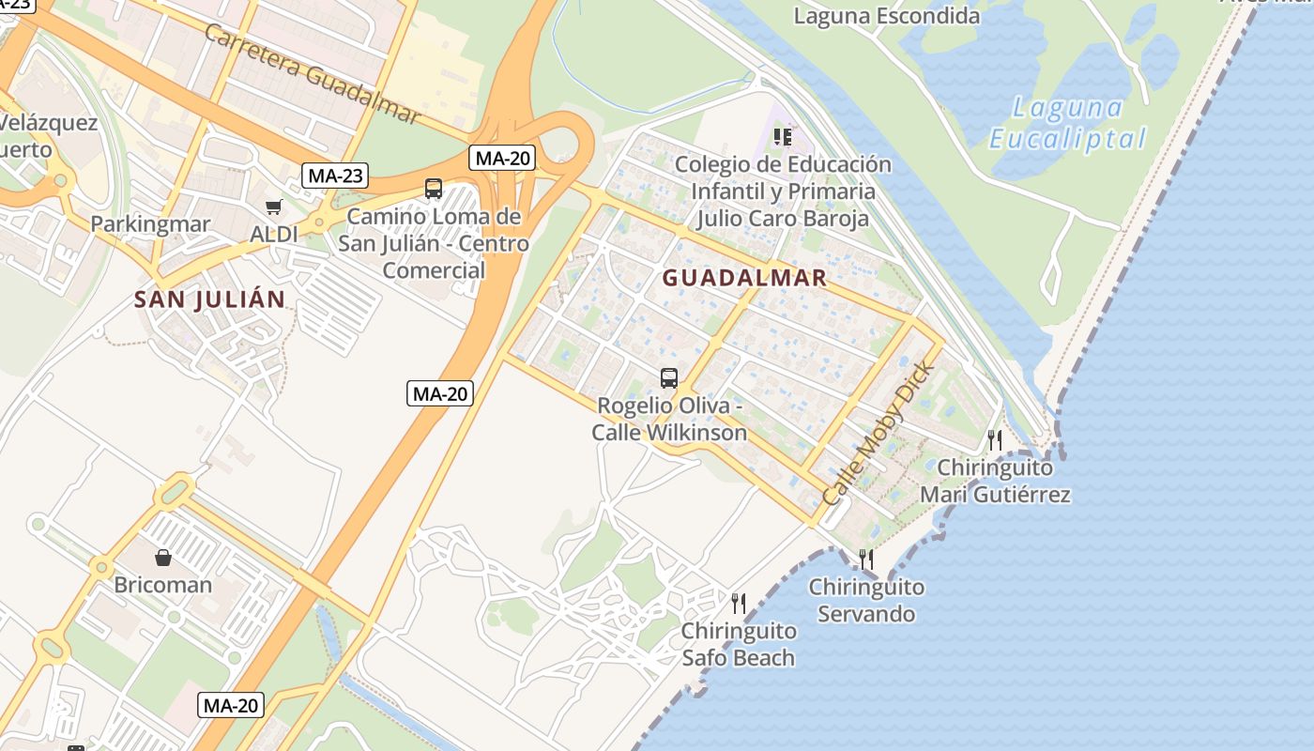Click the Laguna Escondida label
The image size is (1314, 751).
click(x=886, y=16)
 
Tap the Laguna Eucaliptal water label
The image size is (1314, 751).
click(x=1068, y=123)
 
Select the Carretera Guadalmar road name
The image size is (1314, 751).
click(x=311, y=73)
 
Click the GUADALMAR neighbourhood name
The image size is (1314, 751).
click(x=744, y=278)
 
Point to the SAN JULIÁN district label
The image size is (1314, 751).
click(x=209, y=299)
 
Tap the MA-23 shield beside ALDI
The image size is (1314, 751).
click(x=335, y=175)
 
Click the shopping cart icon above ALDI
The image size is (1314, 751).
click(x=273, y=207)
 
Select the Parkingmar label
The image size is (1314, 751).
click(x=150, y=224)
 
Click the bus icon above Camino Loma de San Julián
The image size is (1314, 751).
click(x=433, y=188)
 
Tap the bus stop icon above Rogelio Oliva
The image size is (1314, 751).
click(x=668, y=378)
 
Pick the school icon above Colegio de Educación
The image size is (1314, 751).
click(x=782, y=137)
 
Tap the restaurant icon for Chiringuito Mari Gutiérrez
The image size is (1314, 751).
click(x=995, y=439)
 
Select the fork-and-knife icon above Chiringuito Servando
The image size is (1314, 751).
click(x=866, y=559)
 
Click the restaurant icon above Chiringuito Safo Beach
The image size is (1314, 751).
click(x=739, y=603)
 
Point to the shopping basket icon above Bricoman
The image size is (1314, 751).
click(x=163, y=558)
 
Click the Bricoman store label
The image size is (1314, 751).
click(x=162, y=585)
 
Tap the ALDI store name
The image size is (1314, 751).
click(x=273, y=234)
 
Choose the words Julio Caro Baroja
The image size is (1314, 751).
click(x=782, y=219)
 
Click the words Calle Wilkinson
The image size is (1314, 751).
click(x=669, y=433)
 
